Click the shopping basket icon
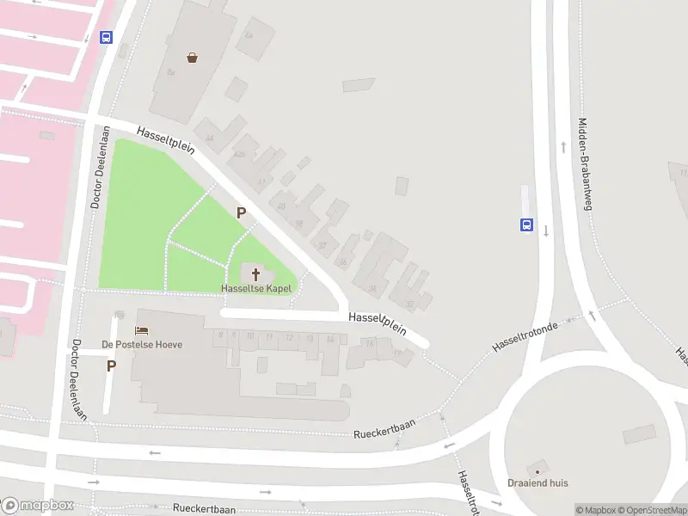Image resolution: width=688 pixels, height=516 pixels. coord(192,58)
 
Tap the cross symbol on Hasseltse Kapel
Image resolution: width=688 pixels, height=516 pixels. coord(255,274)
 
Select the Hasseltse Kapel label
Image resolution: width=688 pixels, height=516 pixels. coord(256,289)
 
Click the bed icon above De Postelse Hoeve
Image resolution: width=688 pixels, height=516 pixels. coord(142,330)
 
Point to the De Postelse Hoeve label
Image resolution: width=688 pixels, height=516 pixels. coord(142,344)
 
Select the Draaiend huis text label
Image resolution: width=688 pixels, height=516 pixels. coord(537,483)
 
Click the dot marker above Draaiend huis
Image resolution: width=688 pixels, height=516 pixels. coord(537,470)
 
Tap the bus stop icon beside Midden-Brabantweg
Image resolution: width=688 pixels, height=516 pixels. coord(525,226)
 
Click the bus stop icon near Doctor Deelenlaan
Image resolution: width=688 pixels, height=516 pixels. coord(106,37)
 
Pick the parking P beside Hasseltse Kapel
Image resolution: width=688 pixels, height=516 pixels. coord(241,212)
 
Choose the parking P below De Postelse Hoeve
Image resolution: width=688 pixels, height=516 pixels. coord(111,365)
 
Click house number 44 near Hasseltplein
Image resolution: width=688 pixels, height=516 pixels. coord(209,138)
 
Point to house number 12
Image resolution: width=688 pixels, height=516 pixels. coord(289,336)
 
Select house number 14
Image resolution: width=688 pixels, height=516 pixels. coord(329,339)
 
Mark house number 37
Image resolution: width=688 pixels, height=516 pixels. coord(322,245)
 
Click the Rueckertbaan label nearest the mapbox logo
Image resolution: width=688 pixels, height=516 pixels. coord(204,509)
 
